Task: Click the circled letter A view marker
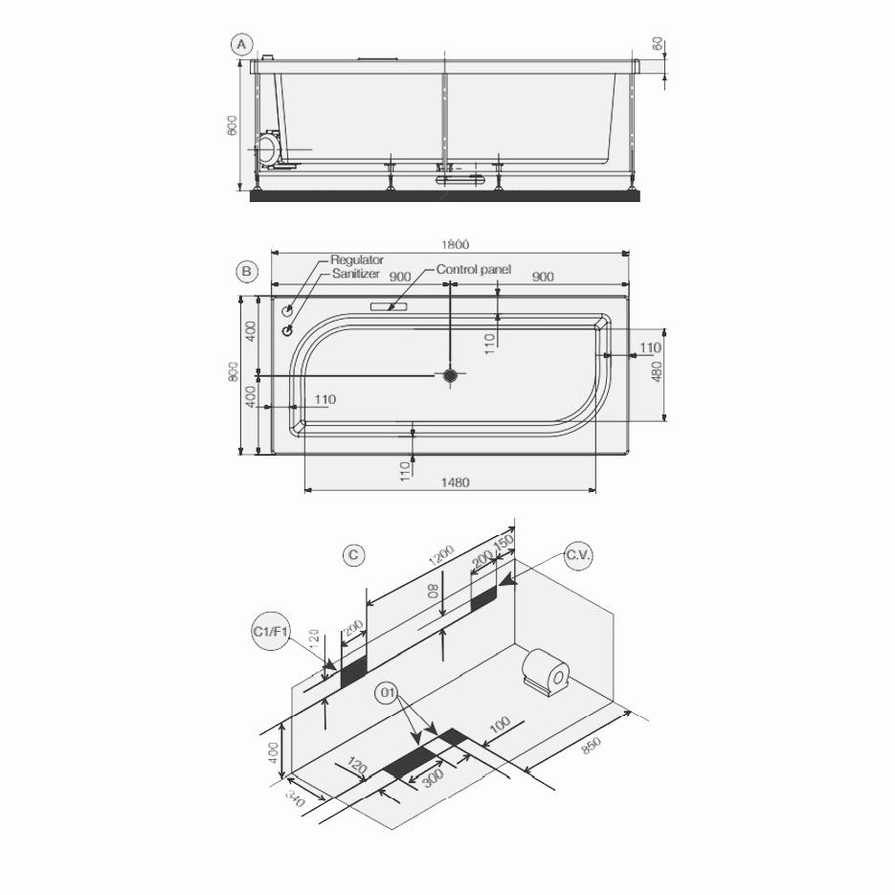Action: (242, 44)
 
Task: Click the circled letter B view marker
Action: (247, 272)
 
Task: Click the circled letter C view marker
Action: (354, 555)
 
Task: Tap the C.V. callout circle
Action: (578, 556)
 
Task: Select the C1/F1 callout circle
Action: (271, 633)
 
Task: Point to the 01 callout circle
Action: (388, 693)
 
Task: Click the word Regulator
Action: (357, 259)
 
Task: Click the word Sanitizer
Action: (356, 274)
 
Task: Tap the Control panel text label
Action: (474, 270)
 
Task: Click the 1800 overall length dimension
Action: (456, 245)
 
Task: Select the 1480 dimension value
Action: (455, 482)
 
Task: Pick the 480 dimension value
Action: (657, 370)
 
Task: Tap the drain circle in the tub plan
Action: (451, 375)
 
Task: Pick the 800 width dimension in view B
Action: (234, 371)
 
